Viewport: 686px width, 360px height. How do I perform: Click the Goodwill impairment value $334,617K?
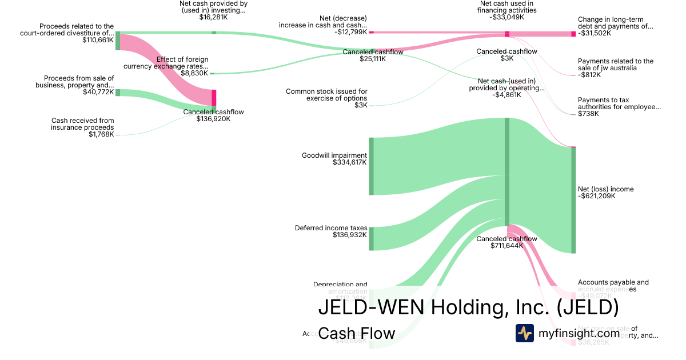pyautogui.click(x=349, y=163)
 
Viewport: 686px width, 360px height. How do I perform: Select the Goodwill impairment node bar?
pyautogui.click(x=371, y=166)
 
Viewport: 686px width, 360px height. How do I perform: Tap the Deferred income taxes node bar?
pyautogui.click(x=371, y=239)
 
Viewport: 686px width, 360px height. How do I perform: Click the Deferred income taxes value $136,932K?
pyautogui.click(x=349, y=235)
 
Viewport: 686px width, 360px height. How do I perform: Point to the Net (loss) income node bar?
pyautogui.click(x=573, y=200)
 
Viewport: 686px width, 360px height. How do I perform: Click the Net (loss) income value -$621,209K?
pyautogui.click(x=597, y=197)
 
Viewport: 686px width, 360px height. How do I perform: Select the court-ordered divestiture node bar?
pyautogui.click(x=118, y=41)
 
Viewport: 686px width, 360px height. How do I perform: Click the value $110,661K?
pyautogui.click(x=98, y=41)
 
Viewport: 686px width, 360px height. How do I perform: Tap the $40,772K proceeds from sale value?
pyautogui.click(x=98, y=93)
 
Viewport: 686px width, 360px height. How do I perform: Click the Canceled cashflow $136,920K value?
pyautogui.click(x=213, y=119)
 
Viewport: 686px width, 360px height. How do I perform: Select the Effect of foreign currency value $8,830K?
pyautogui.click(x=194, y=73)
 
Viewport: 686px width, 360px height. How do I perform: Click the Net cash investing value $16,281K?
pyautogui.click(x=213, y=17)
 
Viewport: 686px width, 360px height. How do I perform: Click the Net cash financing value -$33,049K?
pyautogui.click(x=506, y=17)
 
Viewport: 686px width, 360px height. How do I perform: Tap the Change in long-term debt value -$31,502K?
pyautogui.click(x=595, y=33)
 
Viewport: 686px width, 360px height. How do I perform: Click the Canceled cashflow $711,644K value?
pyautogui.click(x=506, y=246)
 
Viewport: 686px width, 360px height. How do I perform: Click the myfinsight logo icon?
pyautogui.click(x=524, y=333)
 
